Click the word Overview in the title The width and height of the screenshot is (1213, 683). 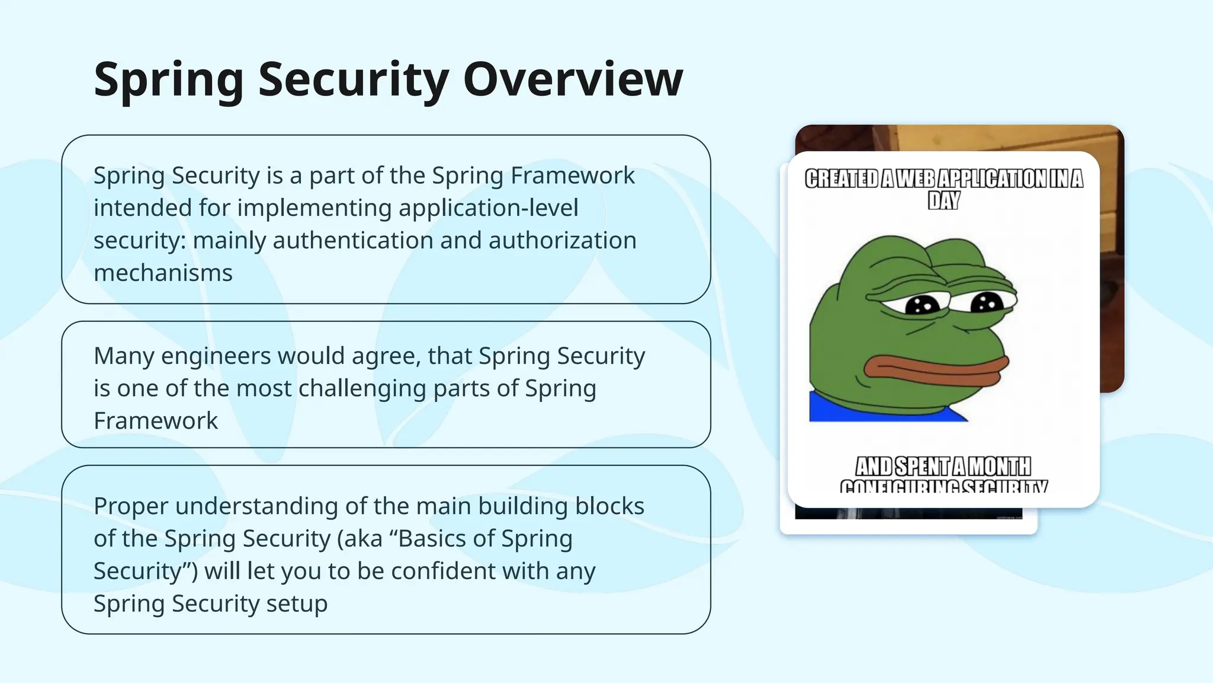tap(573, 79)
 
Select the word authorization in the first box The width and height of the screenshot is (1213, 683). tap(562, 241)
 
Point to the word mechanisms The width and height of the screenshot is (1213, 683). tap(163, 273)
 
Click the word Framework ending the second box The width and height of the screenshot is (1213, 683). tap(156, 421)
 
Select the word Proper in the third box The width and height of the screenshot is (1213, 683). tap(131, 507)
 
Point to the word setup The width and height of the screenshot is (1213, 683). tap(296, 604)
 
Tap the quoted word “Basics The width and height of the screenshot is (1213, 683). tap(430, 539)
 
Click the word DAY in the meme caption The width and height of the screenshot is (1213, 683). tap(944, 200)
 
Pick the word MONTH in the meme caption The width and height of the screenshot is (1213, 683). tap(999, 467)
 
